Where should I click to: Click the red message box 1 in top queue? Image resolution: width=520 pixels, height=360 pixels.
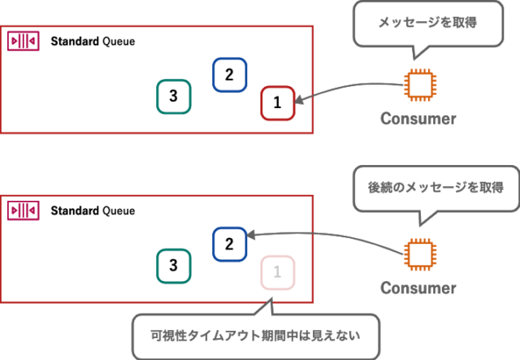(277, 103)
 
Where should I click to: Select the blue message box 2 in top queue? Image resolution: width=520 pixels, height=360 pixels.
(229, 76)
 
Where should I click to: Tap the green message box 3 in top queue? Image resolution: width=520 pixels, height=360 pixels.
(173, 96)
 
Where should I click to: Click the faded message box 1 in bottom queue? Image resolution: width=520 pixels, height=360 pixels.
(277, 271)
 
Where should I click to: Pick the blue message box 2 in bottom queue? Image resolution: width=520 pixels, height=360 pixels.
(229, 244)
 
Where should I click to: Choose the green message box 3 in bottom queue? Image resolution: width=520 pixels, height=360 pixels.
(173, 265)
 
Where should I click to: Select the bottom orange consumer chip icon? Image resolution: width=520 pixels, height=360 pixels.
(418, 254)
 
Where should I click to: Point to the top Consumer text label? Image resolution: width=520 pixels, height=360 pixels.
(418, 119)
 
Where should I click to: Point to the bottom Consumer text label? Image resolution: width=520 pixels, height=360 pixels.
(418, 288)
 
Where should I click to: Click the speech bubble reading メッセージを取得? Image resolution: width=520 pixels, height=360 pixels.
(415, 24)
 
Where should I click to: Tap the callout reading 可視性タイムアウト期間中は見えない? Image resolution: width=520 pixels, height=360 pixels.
(254, 334)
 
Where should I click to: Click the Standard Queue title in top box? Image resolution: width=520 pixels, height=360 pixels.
(93, 41)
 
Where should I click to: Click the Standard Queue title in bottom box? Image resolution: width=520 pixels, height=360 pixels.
(93, 210)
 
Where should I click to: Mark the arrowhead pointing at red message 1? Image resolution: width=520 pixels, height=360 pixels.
(299, 102)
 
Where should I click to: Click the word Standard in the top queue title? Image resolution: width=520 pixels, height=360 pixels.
(75, 41)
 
